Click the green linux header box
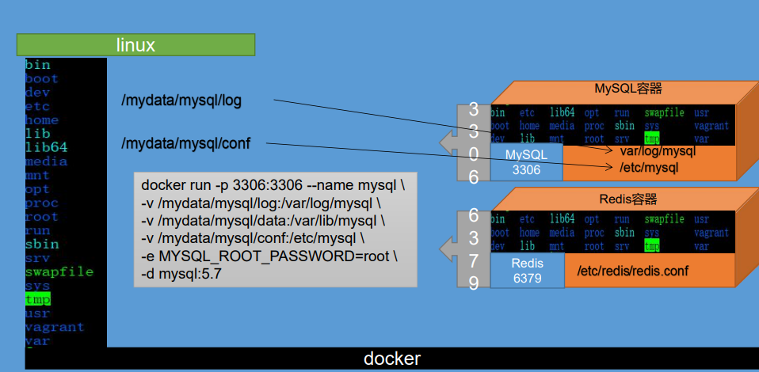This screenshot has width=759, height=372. [135, 45]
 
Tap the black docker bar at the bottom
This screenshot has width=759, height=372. [391, 359]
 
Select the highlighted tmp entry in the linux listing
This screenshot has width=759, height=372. [37, 299]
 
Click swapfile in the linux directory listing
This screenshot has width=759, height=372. [59, 271]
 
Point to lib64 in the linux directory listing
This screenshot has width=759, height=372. [46, 147]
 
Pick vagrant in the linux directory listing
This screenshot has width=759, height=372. [54, 327]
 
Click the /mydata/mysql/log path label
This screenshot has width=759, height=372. [181, 101]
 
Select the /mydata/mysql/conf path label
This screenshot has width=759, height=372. [186, 143]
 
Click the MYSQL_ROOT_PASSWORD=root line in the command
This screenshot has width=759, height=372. [269, 257]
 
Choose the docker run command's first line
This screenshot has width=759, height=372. [273, 186]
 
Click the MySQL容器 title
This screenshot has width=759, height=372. [628, 89]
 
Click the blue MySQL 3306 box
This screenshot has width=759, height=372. [526, 161]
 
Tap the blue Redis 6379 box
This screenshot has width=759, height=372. [527, 270]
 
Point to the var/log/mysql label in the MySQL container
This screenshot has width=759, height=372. [658, 151]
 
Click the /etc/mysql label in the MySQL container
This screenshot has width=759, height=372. [649, 167]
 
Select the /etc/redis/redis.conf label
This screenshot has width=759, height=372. [631, 271]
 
